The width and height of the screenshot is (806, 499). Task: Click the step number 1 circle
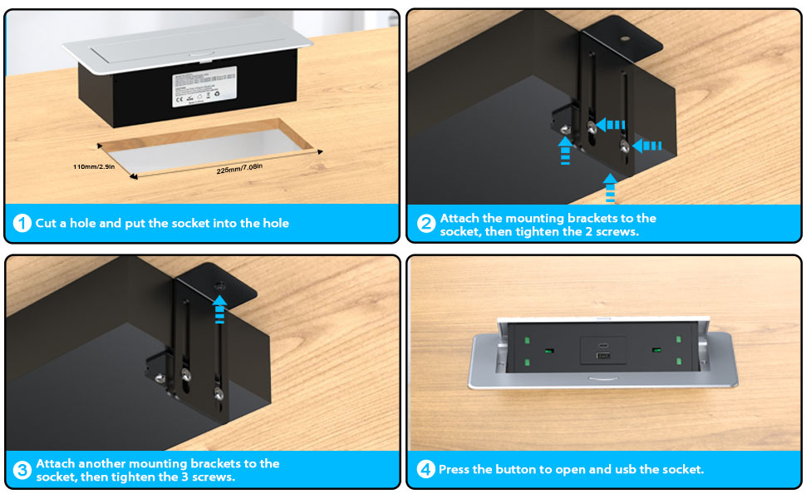pos(22,223)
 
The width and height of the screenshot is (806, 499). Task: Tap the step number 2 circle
pos(426,224)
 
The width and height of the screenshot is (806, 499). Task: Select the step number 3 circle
pos(22,470)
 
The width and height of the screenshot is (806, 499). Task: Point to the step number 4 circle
pos(426,470)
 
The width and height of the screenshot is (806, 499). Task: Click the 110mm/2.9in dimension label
pos(94,166)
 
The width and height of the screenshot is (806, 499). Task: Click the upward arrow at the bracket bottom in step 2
pos(611,187)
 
